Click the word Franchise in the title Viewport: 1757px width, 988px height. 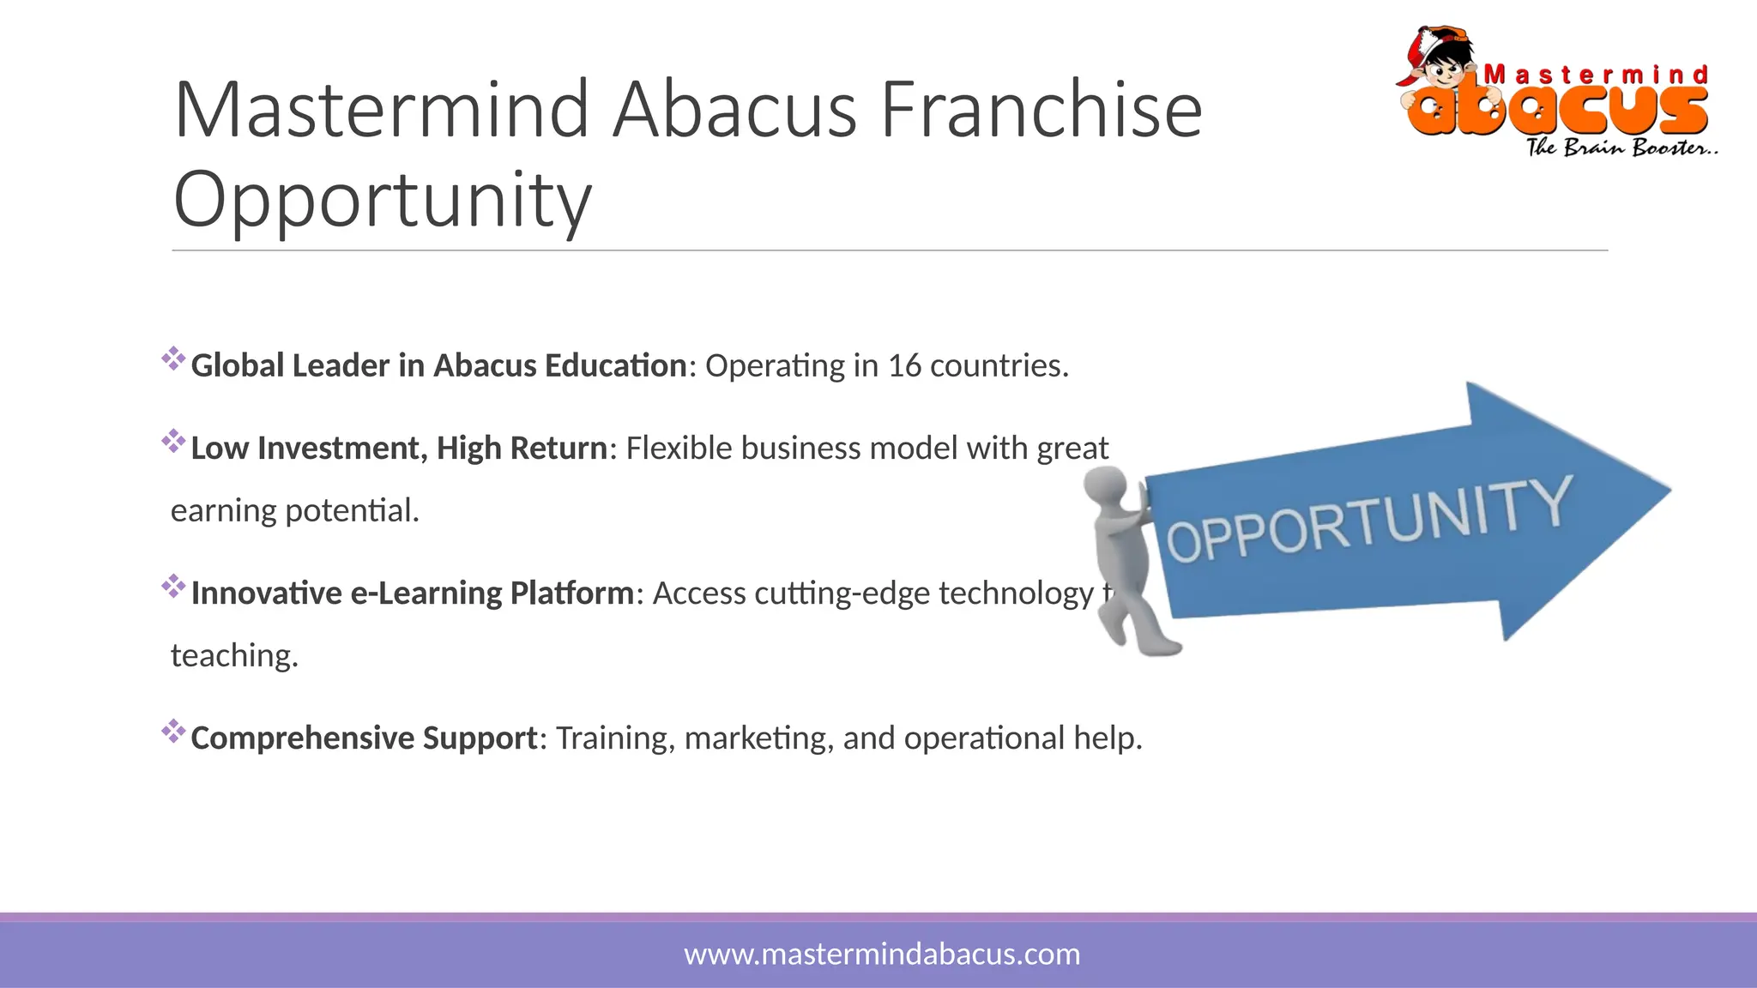1041,110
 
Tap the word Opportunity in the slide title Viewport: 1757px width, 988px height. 383,199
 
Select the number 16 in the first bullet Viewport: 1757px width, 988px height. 904,366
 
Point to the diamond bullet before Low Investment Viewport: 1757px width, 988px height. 173,442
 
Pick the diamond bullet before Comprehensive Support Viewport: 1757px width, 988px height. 173,732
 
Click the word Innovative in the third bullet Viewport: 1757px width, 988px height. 266,593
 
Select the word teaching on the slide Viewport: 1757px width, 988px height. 234,656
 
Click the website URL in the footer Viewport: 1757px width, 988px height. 882,955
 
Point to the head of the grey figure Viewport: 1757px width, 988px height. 1106,487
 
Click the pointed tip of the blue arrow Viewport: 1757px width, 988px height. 1667,491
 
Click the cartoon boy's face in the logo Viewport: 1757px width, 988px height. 1446,65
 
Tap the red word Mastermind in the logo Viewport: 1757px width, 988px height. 1596,75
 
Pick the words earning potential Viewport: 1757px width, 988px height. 295,511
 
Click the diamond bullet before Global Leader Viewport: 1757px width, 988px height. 173,359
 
